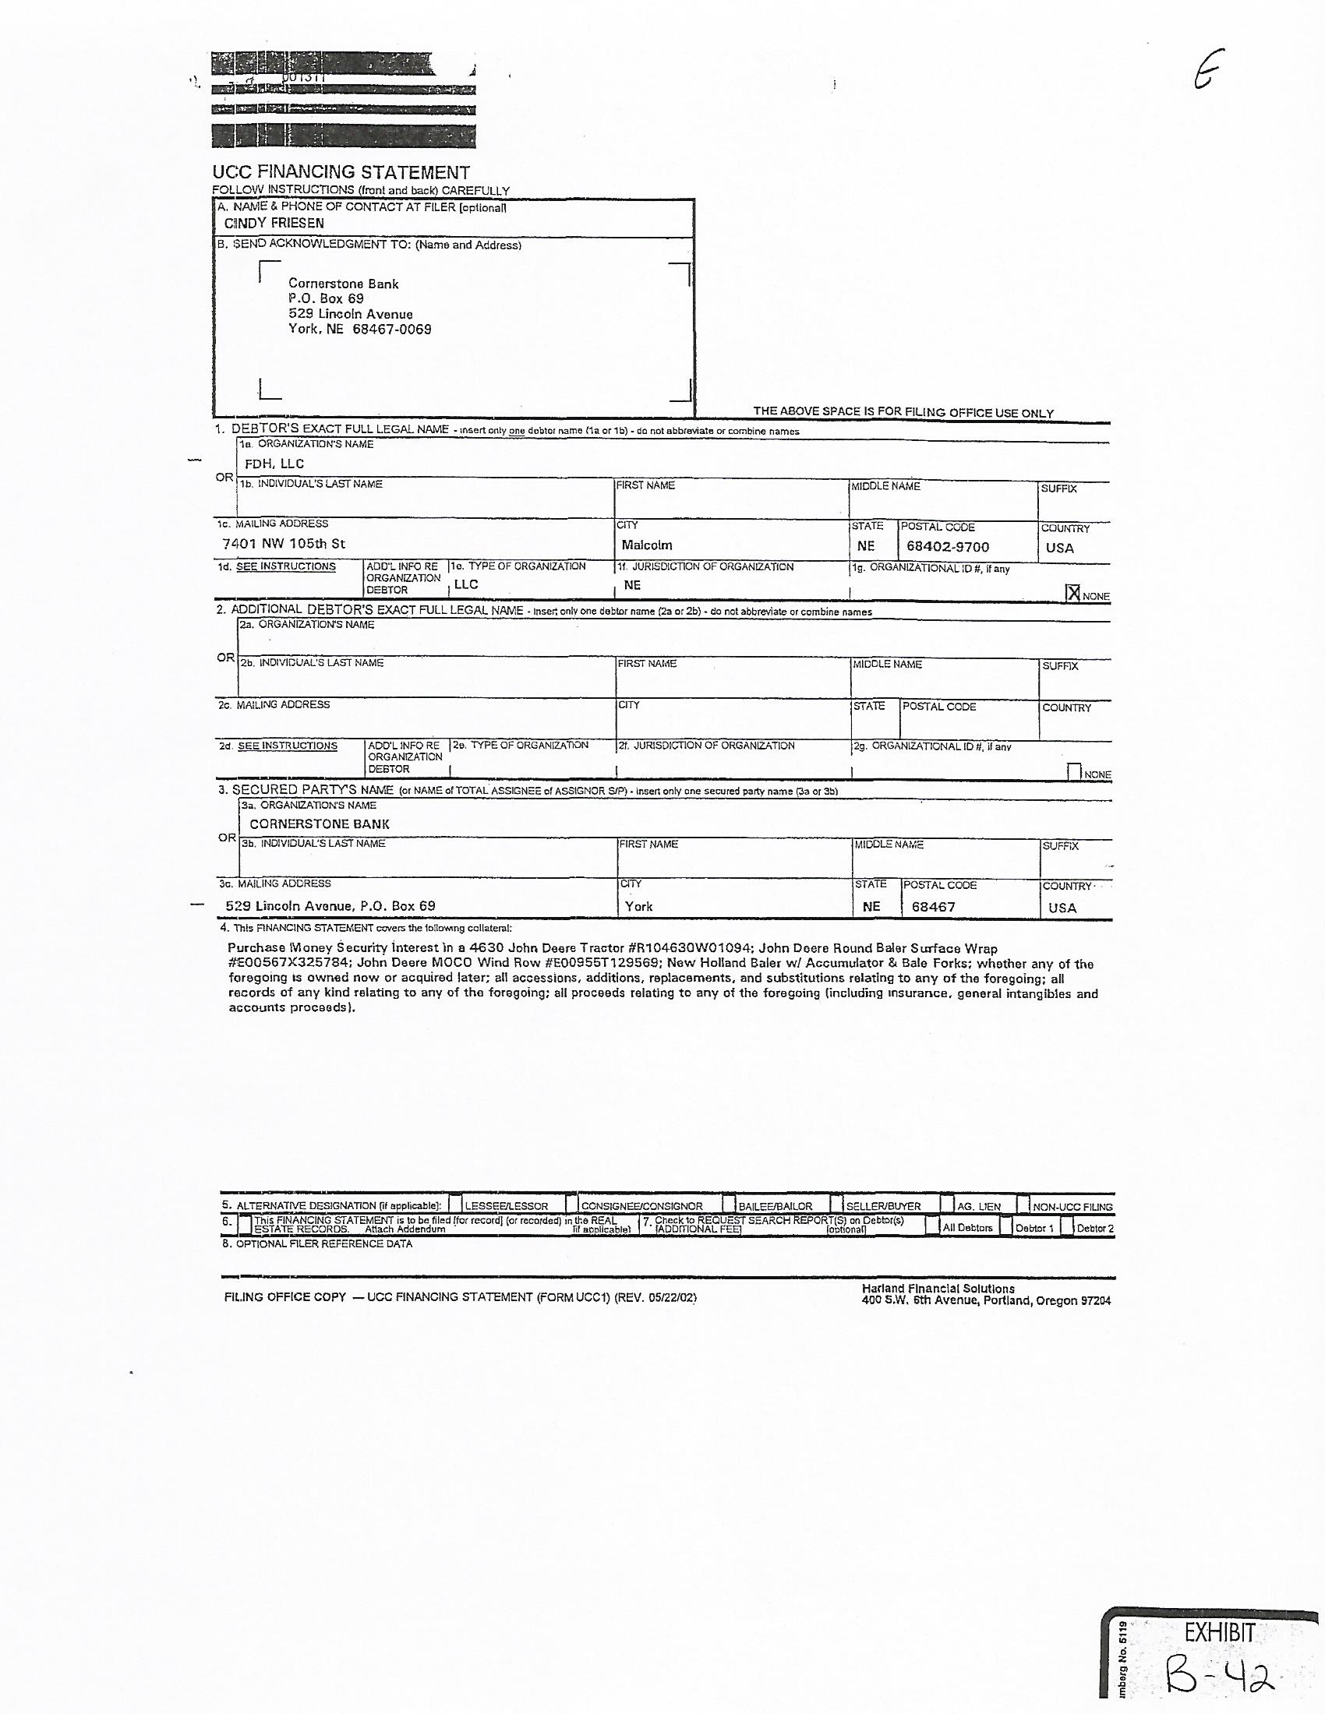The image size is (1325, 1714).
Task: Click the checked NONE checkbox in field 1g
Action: (1073, 594)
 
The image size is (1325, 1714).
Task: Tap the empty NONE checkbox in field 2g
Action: (1075, 772)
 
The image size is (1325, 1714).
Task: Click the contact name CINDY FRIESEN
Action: (274, 224)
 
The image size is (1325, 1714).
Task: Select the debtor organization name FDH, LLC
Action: (274, 464)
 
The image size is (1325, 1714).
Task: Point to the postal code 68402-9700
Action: (948, 547)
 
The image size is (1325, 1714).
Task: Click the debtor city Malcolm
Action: (647, 545)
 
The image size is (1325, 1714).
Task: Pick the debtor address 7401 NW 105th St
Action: (284, 544)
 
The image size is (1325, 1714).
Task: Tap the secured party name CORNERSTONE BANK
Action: (320, 824)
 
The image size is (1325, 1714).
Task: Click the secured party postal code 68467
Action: (933, 907)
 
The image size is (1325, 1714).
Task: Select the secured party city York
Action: (639, 906)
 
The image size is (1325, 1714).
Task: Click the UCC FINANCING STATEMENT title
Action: (341, 173)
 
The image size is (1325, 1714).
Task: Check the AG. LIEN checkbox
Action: (948, 1204)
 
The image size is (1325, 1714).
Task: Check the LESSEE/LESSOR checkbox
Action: (456, 1204)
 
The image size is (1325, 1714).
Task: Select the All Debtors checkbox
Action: (931, 1226)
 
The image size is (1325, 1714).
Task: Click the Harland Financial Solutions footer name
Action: (938, 1289)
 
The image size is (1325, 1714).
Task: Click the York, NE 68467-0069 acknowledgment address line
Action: (359, 330)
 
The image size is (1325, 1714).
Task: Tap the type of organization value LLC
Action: (466, 584)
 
